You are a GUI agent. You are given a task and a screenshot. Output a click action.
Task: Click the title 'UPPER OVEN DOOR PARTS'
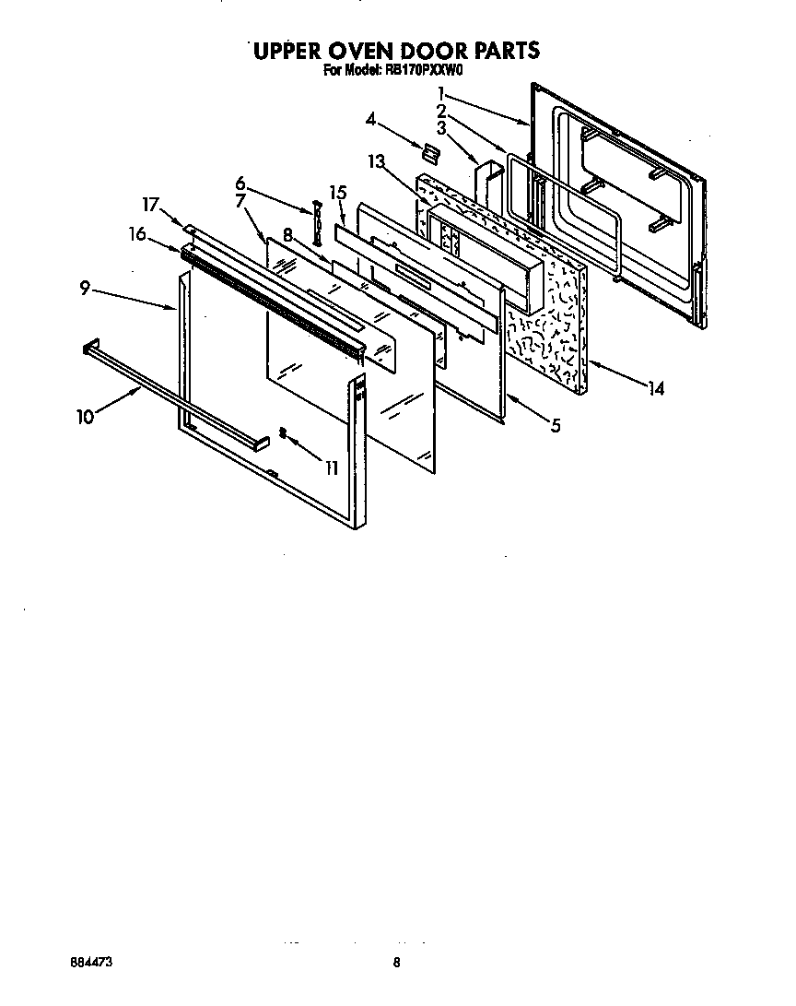pyautogui.click(x=396, y=50)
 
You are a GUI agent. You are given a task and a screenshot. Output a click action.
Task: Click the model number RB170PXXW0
pyautogui.click(x=424, y=68)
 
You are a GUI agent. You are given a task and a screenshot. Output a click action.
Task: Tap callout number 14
pyautogui.click(x=655, y=389)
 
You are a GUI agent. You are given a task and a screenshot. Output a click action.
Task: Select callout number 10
pyautogui.click(x=85, y=417)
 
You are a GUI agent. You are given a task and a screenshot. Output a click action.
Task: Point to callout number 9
pyautogui.click(x=85, y=289)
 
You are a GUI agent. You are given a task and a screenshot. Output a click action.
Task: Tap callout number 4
pyautogui.click(x=370, y=119)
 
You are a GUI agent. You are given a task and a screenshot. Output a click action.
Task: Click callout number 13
pyautogui.click(x=375, y=162)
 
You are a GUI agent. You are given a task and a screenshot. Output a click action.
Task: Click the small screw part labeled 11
pyautogui.click(x=284, y=433)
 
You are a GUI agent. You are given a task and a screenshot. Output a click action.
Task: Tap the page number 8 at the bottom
pyautogui.click(x=396, y=963)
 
